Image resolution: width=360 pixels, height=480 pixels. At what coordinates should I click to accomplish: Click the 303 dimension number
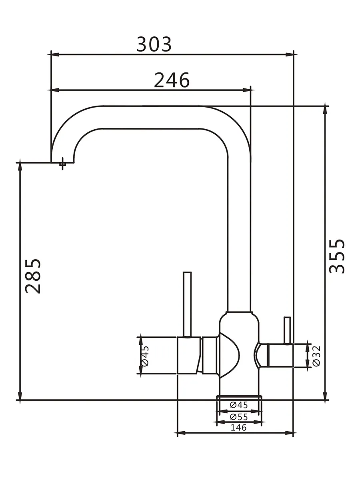[x=154, y=44]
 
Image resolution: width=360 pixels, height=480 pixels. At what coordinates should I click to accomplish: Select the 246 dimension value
[x=172, y=80]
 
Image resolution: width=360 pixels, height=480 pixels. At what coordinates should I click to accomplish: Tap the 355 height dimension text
[x=337, y=256]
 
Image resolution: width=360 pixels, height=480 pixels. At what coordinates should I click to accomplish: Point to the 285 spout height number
[x=33, y=276]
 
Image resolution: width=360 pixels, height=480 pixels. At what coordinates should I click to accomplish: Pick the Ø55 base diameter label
[x=239, y=417]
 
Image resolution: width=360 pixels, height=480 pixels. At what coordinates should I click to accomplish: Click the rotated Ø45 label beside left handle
[x=145, y=356]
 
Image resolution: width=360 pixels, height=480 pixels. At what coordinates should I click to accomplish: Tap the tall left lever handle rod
[x=187, y=305]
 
